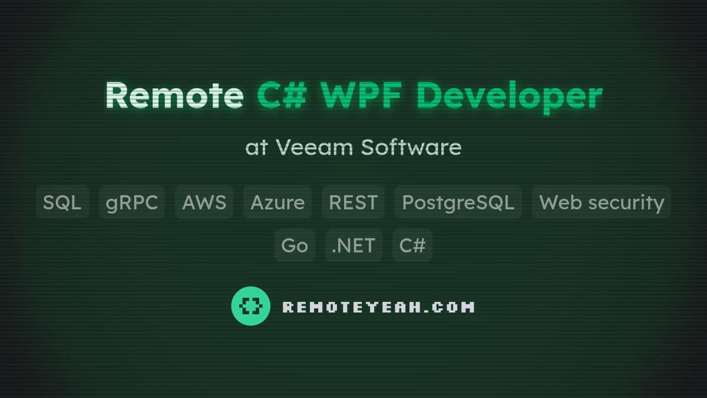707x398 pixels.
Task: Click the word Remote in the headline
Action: [x=174, y=95]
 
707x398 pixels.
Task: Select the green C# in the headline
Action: [x=282, y=95]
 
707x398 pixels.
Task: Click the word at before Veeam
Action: [x=256, y=147]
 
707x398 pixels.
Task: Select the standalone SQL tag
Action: [x=62, y=202]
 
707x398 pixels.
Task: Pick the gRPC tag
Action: [x=131, y=202]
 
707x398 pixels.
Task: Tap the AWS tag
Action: [x=204, y=202]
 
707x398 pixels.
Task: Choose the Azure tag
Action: [x=277, y=202]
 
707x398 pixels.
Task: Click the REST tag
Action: [x=353, y=202]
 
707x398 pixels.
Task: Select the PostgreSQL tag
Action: [x=458, y=202]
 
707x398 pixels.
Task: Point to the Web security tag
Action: [x=601, y=202]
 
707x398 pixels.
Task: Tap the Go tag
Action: [x=295, y=245]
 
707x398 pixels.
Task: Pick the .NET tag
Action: [x=353, y=245]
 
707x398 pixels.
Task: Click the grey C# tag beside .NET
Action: [x=412, y=245]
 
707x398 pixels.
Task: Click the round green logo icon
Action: [x=250, y=306]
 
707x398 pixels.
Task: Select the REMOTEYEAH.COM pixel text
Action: [x=378, y=307]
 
